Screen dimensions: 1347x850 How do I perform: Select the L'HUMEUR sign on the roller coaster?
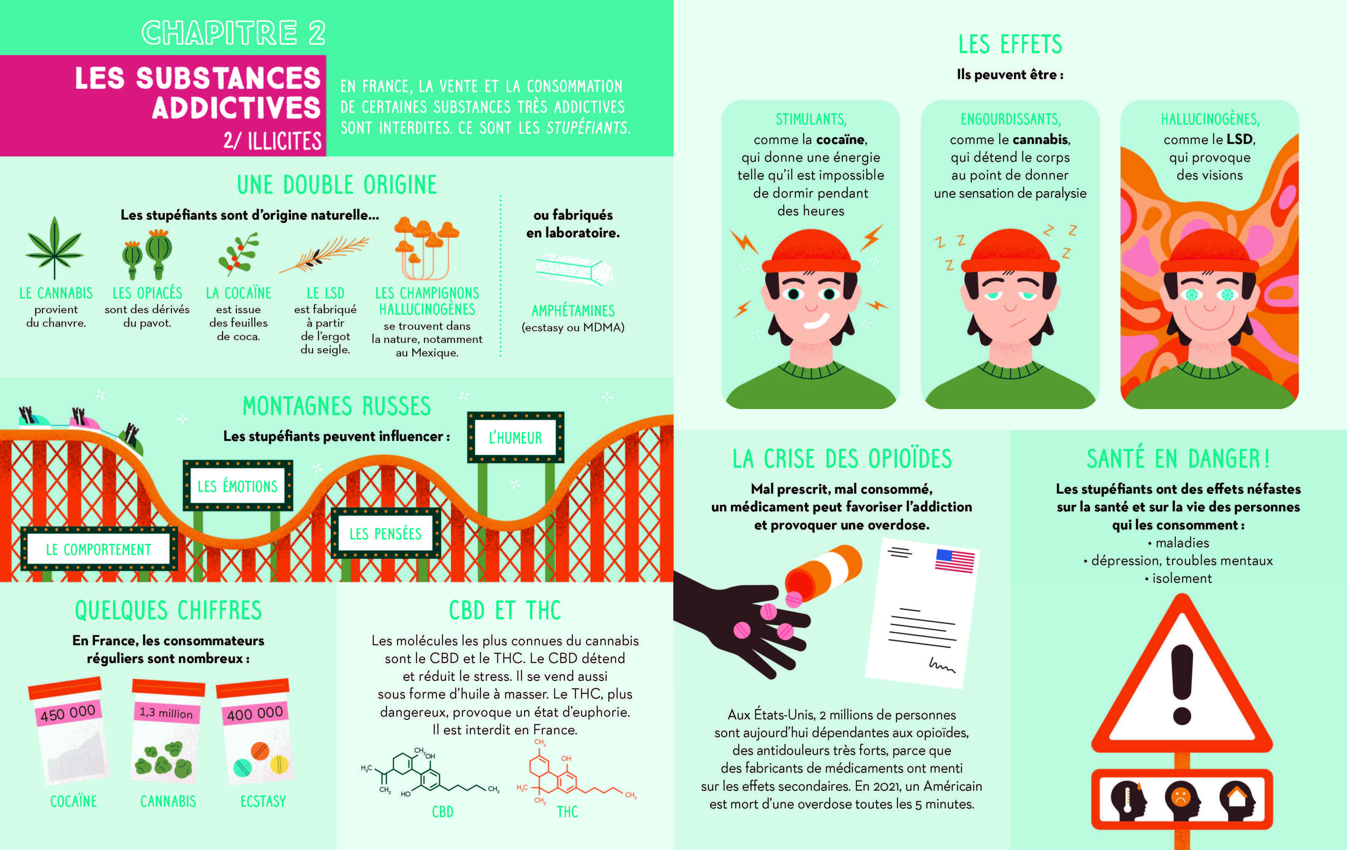click(515, 437)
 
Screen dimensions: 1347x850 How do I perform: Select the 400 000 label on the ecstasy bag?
click(255, 713)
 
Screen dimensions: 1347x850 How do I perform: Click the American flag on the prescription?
click(955, 561)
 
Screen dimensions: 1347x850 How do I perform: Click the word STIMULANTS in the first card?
click(811, 119)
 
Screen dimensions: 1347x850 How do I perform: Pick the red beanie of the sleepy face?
click(1010, 252)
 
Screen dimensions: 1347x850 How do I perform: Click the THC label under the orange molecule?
click(567, 811)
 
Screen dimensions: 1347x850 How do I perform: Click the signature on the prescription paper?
click(942, 665)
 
